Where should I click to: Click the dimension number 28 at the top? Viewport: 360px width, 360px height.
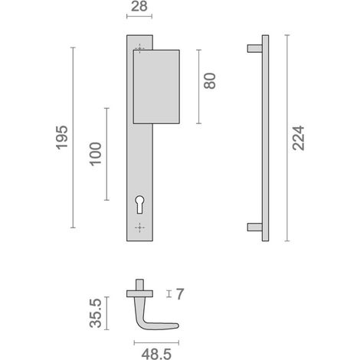(x=139, y=6)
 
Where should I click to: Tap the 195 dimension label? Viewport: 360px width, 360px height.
(x=62, y=137)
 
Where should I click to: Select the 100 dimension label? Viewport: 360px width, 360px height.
(x=96, y=154)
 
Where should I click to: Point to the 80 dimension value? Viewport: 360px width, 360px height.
(x=210, y=81)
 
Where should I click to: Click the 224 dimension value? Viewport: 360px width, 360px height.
(x=299, y=138)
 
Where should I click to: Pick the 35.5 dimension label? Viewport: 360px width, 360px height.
(x=96, y=313)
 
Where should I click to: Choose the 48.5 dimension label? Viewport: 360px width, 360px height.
(x=156, y=354)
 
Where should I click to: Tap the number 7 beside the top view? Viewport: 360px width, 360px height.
(x=180, y=294)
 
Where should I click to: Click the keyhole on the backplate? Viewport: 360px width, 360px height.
(x=139, y=205)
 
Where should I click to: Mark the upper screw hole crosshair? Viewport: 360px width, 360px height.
(x=139, y=48)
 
